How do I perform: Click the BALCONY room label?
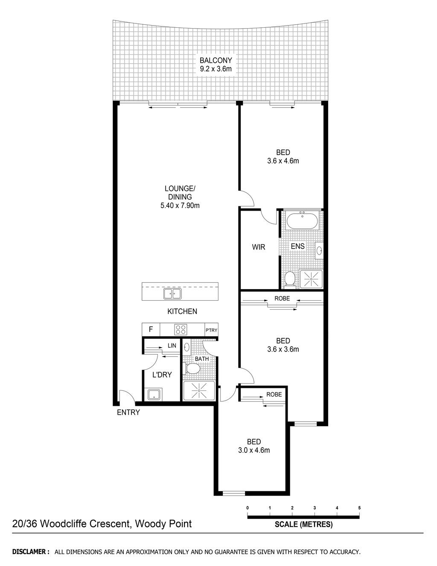pyautogui.click(x=216, y=60)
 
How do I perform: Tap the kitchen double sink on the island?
pyautogui.click(x=172, y=294)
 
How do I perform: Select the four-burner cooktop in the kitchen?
pyautogui.click(x=181, y=329)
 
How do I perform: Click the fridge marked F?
pyautogui.click(x=151, y=329)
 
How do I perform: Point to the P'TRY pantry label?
pyautogui.click(x=211, y=330)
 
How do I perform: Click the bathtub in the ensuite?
pyautogui.click(x=302, y=220)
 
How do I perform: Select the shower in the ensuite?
pyautogui.click(x=311, y=279)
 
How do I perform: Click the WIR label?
pyautogui.click(x=259, y=247)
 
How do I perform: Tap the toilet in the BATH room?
pyautogui.click(x=191, y=369)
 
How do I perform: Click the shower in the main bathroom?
pyautogui.click(x=199, y=391)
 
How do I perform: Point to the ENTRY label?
pyautogui.click(x=128, y=412)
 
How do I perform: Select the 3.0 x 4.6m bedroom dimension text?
pyautogui.click(x=254, y=450)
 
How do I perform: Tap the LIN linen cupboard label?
pyautogui.click(x=172, y=346)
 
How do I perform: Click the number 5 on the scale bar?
pyautogui.click(x=359, y=507)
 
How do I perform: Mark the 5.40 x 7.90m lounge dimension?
pyautogui.click(x=180, y=205)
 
